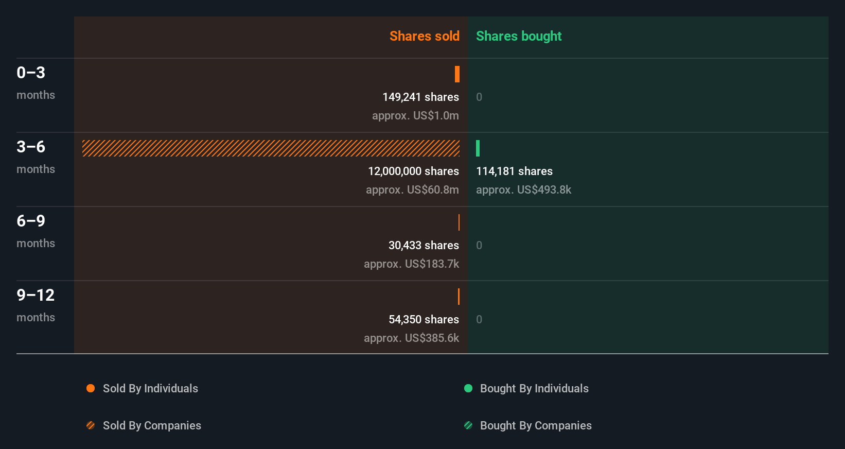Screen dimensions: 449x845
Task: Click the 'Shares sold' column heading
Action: tap(424, 36)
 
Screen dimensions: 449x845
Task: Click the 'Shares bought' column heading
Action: tap(518, 36)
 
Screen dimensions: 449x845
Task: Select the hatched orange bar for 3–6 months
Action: tap(271, 148)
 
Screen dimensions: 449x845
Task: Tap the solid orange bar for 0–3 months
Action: tap(457, 74)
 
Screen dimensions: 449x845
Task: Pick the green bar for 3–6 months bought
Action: tap(478, 148)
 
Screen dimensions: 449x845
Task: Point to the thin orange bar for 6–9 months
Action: tap(459, 222)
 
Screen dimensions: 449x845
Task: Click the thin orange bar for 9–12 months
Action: tap(459, 297)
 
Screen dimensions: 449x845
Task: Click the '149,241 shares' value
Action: tap(420, 97)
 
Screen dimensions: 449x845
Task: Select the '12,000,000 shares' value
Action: tap(413, 171)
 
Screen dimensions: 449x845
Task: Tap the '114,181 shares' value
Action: tap(514, 171)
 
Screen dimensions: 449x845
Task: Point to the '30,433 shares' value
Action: tap(424, 245)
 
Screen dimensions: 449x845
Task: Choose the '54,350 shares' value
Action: tap(424, 319)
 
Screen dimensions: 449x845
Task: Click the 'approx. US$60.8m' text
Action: tap(412, 189)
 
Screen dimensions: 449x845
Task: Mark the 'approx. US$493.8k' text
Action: tap(523, 189)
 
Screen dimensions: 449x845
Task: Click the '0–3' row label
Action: tap(31, 73)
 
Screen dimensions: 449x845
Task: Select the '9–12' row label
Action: tap(36, 295)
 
